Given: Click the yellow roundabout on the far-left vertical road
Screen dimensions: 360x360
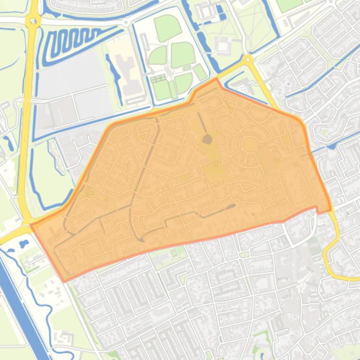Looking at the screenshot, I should (x=32, y=20).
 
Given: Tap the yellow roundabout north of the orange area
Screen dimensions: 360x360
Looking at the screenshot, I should (x=247, y=60).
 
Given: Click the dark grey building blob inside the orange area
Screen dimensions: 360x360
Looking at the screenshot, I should (x=207, y=139).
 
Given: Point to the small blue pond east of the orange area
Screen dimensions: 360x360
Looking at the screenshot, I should (x=332, y=146).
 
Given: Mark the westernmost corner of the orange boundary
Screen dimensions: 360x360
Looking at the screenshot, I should (x=31, y=225).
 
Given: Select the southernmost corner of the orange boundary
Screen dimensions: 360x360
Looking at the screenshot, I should (x=64, y=281).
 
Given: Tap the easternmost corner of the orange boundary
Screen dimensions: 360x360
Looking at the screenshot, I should (x=331, y=210).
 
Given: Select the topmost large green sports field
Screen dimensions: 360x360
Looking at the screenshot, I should (x=168, y=27).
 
